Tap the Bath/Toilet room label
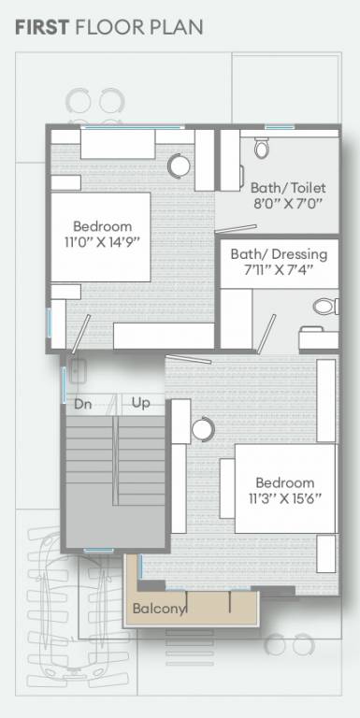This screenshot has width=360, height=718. pyautogui.click(x=286, y=186)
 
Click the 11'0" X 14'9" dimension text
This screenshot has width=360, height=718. pyautogui.click(x=102, y=243)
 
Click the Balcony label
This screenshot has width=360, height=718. pyautogui.click(x=159, y=609)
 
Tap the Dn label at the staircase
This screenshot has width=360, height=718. pyautogui.click(x=82, y=404)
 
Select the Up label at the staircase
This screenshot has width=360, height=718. pyautogui.click(x=141, y=404)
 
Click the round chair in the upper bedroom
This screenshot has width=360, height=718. pyautogui.click(x=179, y=165)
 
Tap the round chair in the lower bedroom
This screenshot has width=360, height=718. pyautogui.click(x=202, y=429)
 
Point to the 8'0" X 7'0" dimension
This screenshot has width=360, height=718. pyautogui.click(x=286, y=203)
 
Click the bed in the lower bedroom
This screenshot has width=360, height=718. pyautogui.click(x=284, y=489)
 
